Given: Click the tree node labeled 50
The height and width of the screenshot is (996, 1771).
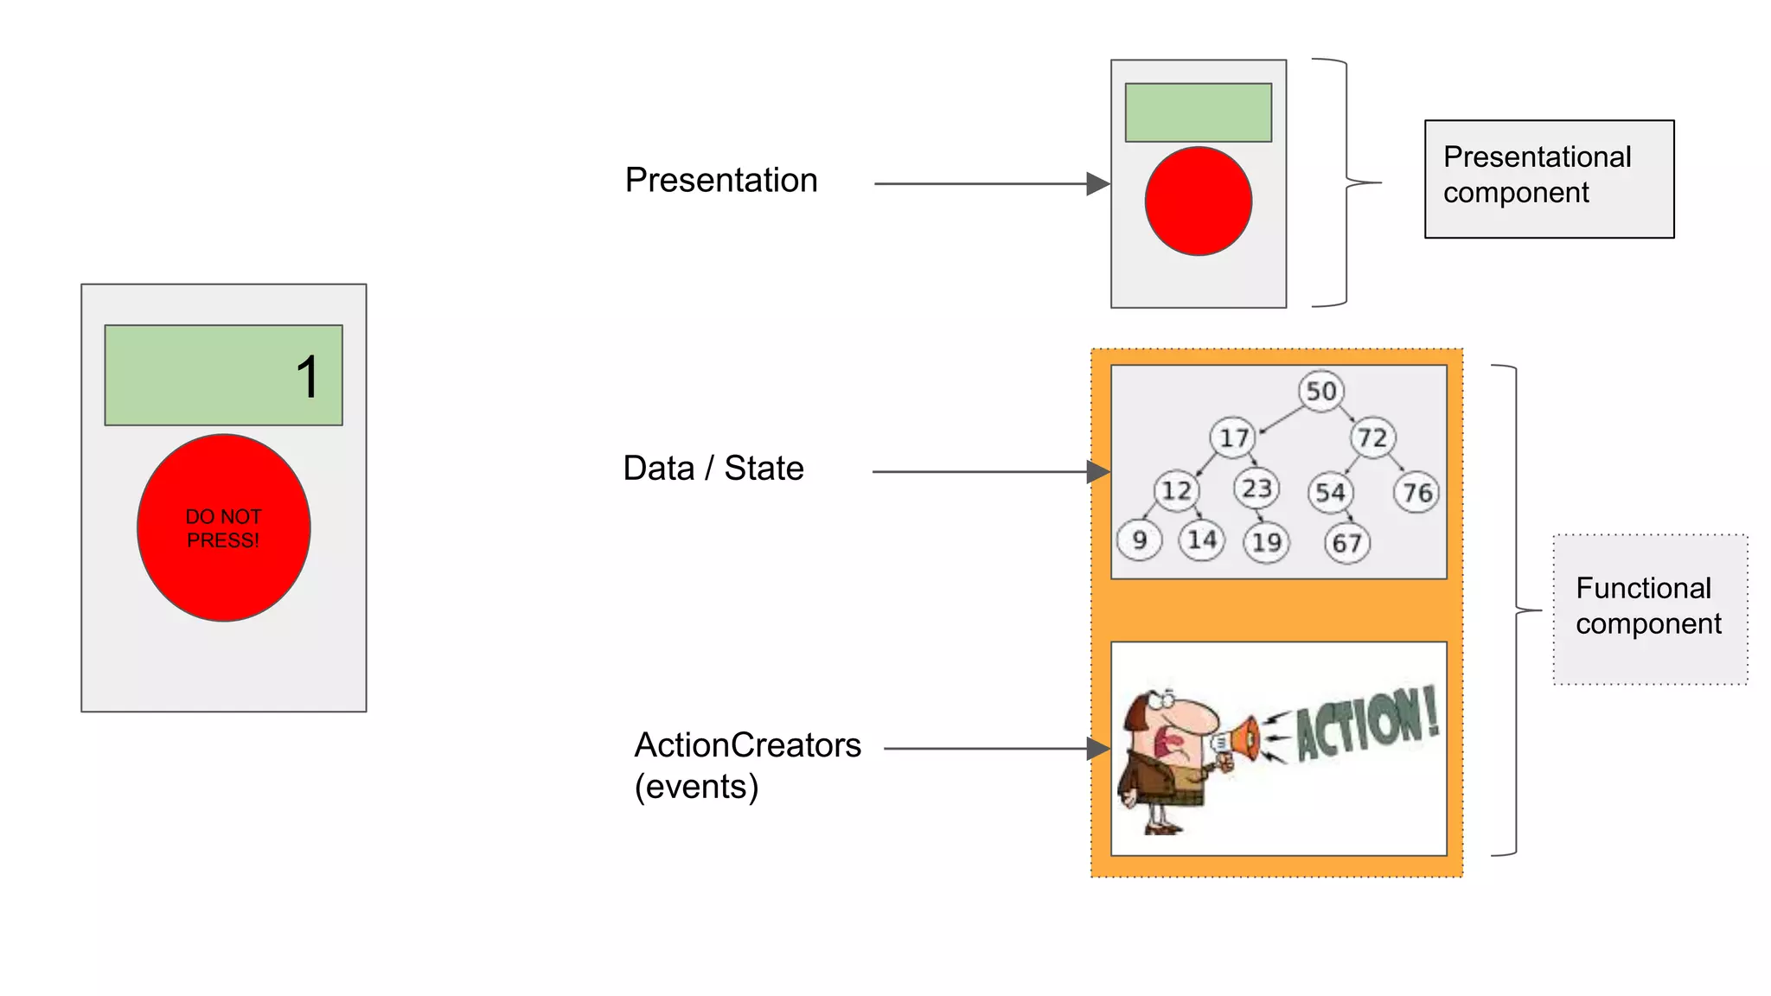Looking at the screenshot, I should coord(1320,391).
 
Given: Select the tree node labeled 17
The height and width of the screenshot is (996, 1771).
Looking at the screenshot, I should coord(1233,437).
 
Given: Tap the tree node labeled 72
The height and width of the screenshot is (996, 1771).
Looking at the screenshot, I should coord(1372,437).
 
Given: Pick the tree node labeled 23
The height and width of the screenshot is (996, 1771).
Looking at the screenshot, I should coord(1256,488).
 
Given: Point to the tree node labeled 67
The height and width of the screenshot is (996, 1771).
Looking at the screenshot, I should coord(1346,543).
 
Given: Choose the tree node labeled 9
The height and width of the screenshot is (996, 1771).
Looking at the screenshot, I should coord(1139,540).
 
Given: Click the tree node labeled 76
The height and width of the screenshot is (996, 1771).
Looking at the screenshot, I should coord(1416,493).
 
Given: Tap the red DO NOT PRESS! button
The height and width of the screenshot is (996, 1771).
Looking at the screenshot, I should coord(223,527).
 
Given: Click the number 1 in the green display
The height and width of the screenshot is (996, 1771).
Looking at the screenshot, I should coord(307,377).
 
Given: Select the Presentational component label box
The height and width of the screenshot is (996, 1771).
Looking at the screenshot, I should coord(1549,179).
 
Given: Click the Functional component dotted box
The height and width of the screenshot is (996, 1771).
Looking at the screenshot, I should coord(1649,609).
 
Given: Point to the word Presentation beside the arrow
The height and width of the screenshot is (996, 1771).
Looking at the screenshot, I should coord(721,180).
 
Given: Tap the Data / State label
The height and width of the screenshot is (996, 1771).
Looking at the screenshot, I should coord(713,468).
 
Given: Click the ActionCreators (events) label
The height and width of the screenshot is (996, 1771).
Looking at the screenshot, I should coord(747,765).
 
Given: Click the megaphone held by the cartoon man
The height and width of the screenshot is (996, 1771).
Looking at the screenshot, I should coord(1238,740).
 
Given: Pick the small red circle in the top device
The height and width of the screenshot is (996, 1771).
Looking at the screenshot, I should coord(1198,201).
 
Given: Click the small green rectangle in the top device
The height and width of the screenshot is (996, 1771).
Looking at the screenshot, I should coord(1198,112).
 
